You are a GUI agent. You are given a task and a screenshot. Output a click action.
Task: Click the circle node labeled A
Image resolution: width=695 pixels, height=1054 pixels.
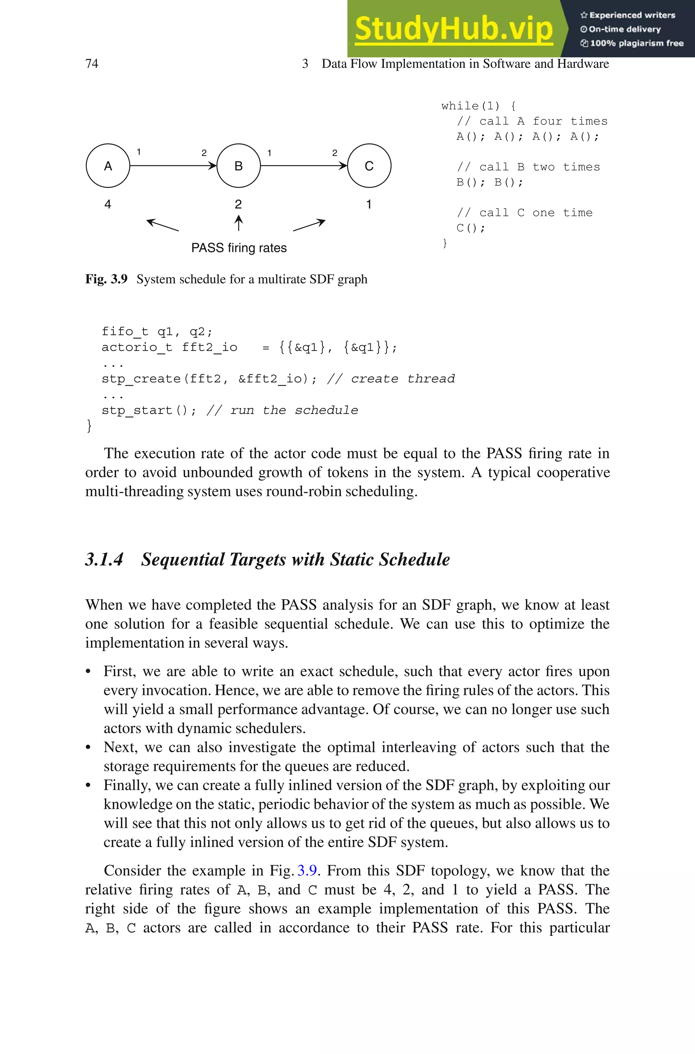pos(108,166)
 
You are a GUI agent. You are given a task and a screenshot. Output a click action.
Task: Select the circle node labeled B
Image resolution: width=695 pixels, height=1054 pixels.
pos(239,166)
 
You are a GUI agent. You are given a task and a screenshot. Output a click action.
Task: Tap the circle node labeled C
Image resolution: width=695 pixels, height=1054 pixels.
pos(369,166)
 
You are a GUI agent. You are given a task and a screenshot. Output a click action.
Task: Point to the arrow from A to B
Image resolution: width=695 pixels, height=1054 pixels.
pos(173,166)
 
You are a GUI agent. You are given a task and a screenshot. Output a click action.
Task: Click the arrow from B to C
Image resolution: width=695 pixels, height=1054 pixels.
pos(304,166)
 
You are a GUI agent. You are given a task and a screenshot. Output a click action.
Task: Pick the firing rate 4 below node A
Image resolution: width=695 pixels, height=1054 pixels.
pos(108,204)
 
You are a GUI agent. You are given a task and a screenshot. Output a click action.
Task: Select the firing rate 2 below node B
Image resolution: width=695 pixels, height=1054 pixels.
pos(239,204)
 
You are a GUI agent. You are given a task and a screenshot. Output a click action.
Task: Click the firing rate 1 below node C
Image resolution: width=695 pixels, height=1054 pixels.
pos(369,204)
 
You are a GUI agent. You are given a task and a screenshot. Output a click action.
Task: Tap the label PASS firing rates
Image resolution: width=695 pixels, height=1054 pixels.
pos(239,248)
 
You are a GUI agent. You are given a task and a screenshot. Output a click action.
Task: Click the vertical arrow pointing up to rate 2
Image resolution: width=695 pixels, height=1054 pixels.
pos(239,223)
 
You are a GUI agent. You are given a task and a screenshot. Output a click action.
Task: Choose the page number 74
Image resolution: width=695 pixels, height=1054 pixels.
pos(92,64)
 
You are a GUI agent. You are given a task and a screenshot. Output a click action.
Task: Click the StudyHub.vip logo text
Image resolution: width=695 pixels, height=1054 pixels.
pos(453,29)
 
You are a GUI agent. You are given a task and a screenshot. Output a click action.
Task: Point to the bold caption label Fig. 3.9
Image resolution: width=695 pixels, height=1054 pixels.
pos(106,279)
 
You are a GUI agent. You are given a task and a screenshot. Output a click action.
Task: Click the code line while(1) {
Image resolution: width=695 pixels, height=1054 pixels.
pos(478,106)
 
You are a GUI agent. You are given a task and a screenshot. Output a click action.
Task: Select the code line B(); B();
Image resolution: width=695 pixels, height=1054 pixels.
pos(490,182)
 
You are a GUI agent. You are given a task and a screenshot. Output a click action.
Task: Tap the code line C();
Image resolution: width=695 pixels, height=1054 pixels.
pos(471,228)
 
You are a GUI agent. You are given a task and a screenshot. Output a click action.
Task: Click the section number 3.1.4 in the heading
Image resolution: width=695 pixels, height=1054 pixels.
pos(104,559)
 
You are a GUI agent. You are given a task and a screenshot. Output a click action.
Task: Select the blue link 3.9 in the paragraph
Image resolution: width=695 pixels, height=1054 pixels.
pos(307,870)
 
